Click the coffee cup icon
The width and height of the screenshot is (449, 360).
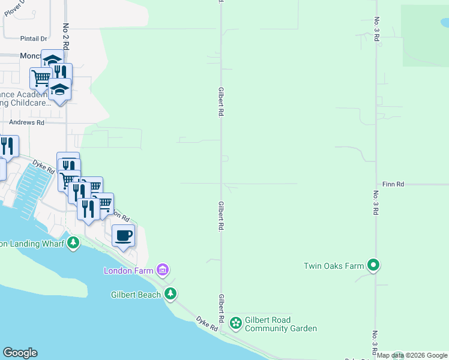click(123, 235)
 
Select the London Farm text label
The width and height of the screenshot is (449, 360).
click(129, 271)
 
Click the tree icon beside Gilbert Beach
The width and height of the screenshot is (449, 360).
click(171, 294)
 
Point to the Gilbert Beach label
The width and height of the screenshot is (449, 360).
click(136, 295)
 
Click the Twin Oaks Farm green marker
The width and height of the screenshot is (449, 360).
click(373, 265)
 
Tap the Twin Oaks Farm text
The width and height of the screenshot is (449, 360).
click(334, 265)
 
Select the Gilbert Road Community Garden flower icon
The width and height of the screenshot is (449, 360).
click(236, 323)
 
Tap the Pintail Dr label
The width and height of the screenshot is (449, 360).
click(33, 38)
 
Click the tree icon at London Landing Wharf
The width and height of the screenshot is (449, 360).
click(73, 243)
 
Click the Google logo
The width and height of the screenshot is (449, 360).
click(20, 353)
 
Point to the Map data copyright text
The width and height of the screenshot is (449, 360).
click(412, 356)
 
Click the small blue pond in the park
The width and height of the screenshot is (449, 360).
click(445, 23)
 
